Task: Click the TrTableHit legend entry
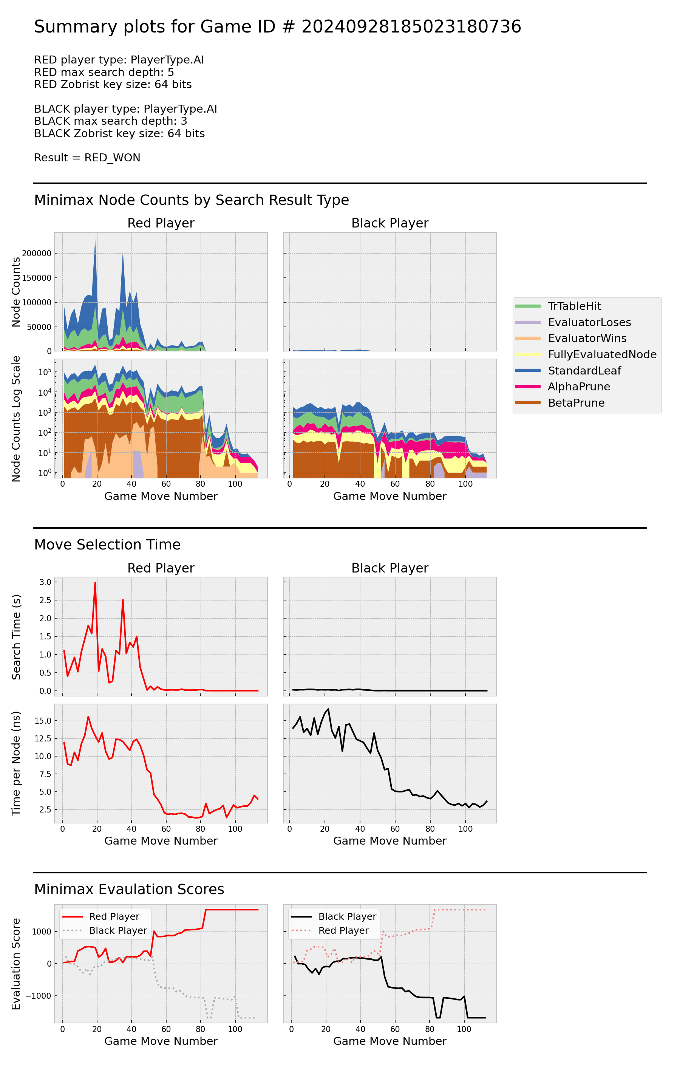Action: pyautogui.click(x=574, y=306)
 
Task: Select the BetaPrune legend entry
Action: pyautogui.click(x=576, y=402)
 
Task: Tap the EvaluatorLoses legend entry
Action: pyautogui.click(x=589, y=322)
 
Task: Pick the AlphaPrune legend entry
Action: pyautogui.click(x=578, y=387)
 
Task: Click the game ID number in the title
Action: pyautogui.click(x=411, y=27)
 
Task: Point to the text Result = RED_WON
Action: pyautogui.click(x=87, y=158)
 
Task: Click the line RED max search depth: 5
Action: pyautogui.click(x=104, y=72)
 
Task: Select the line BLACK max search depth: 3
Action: pyautogui.click(x=110, y=121)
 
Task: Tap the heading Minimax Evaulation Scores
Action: pyautogui.click(x=129, y=889)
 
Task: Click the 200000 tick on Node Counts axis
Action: pyautogui.click(x=37, y=253)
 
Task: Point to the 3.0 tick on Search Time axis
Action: pyautogui.click(x=45, y=582)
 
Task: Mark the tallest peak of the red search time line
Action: pyautogui.click(x=95, y=582)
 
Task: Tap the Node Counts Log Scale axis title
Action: pyautogui.click(x=16, y=419)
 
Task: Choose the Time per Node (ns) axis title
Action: pyautogui.click(x=16, y=763)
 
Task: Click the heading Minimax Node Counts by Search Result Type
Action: pyautogui.click(x=192, y=200)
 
